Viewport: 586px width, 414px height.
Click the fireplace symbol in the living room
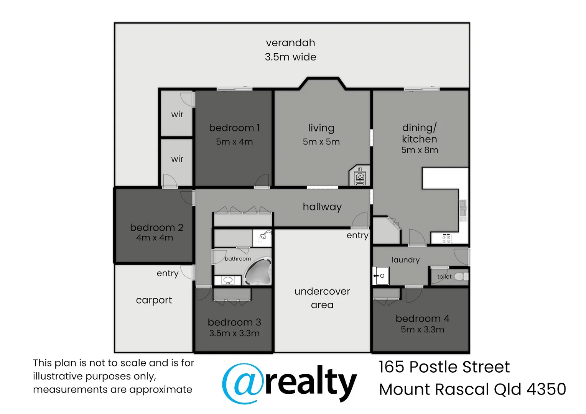360,177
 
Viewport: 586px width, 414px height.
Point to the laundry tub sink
381,276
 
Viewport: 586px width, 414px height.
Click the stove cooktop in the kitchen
446,239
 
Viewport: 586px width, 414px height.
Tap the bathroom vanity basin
228,280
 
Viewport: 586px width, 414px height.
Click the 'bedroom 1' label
234,128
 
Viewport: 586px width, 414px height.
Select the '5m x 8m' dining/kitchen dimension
420,150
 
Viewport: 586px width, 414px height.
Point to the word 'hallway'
322,207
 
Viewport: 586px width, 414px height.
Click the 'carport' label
154,300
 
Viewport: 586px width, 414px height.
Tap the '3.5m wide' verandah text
290,57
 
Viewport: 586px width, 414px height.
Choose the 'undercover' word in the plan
322,291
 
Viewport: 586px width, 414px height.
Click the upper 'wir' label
177,114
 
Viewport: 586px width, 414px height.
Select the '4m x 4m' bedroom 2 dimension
155,238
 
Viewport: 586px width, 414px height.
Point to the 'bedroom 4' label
422,319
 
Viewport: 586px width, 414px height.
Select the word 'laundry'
405,260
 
